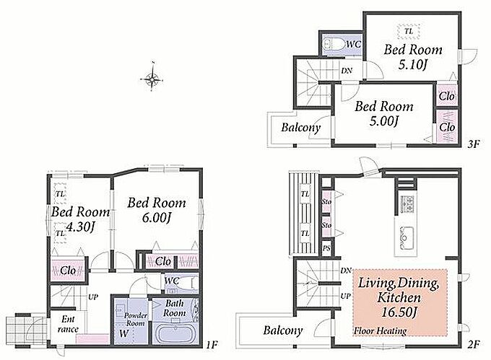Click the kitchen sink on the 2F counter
[406, 237]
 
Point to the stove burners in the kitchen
[406, 203]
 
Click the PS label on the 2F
[326, 249]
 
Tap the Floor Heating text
[380, 331]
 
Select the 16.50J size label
[399, 312]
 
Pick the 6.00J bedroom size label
[156, 218]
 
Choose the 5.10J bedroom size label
[413, 65]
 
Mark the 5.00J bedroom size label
[383, 120]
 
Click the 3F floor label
[474, 144]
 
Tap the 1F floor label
[212, 345]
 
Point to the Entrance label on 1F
[68, 324]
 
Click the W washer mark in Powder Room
[123, 333]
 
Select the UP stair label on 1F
[93, 297]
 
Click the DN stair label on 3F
[347, 71]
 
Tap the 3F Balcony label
[300, 127]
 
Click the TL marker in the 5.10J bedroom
[409, 31]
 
